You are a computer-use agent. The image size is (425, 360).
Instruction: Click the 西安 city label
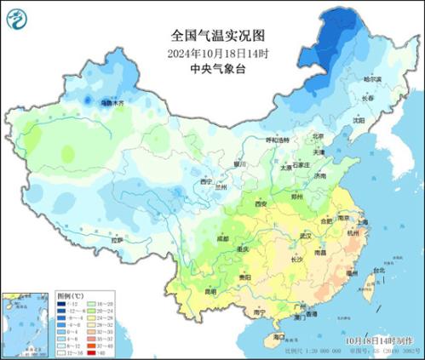pyautogui.click(x=261, y=204)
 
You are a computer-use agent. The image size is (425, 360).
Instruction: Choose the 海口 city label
pyautogui.click(x=279, y=337)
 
